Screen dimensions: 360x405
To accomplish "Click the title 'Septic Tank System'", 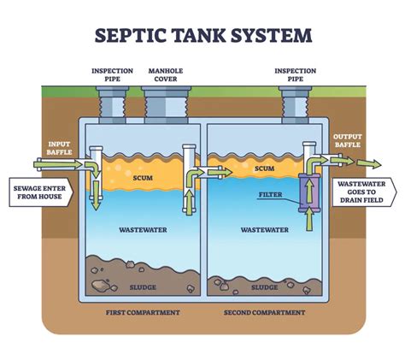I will point(202,35).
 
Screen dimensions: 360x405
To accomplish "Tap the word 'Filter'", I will point(270,194).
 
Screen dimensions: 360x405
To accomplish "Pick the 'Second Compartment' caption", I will point(264,313).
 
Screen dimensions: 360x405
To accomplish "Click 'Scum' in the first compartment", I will point(143,179).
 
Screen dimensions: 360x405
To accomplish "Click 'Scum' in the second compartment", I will point(265,169).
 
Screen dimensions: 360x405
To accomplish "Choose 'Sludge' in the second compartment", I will point(265,287).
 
